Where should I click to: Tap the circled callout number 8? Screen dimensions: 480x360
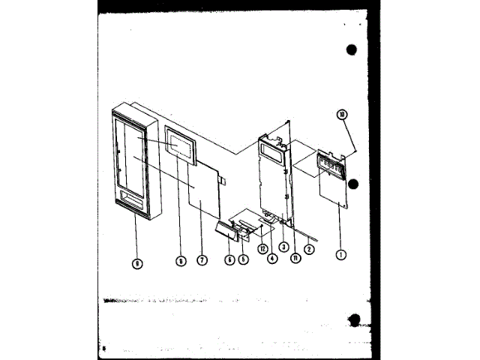(181, 261)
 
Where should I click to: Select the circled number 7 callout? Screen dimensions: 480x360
(202, 260)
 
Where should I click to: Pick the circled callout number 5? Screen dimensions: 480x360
(244, 259)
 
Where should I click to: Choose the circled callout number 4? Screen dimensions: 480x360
(271, 259)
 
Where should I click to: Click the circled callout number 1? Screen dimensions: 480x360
(341, 254)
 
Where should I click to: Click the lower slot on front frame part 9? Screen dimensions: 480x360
(134, 199)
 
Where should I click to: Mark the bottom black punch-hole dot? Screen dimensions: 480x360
(355, 320)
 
